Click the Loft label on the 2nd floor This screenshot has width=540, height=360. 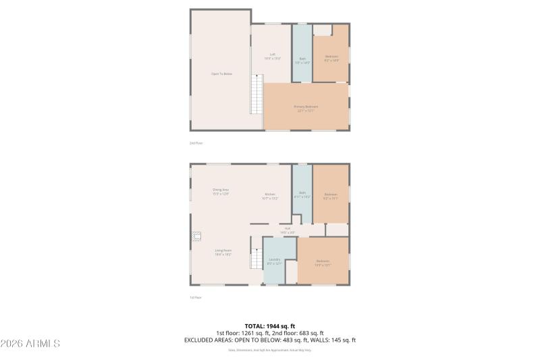[x=272, y=57]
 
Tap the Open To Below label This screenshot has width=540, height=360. [x=221, y=74]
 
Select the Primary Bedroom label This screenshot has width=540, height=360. [x=305, y=108]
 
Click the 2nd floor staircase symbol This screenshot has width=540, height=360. [x=256, y=95]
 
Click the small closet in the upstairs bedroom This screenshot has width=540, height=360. [x=322, y=30]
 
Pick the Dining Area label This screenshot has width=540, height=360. [x=221, y=192]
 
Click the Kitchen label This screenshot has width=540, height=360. [x=270, y=197]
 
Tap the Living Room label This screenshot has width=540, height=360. [x=223, y=253]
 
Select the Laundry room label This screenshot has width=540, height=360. [x=274, y=261]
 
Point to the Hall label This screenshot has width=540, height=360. [x=288, y=230]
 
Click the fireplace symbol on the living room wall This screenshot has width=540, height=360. [x=195, y=236]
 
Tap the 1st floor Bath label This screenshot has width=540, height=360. [x=303, y=195]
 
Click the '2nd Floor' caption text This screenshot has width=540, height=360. [x=196, y=143]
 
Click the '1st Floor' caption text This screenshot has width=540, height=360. [x=196, y=297]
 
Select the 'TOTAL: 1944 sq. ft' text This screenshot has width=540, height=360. [x=269, y=326]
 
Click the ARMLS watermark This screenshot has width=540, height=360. [x=30, y=344]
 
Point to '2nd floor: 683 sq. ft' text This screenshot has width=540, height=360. [x=298, y=333]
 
